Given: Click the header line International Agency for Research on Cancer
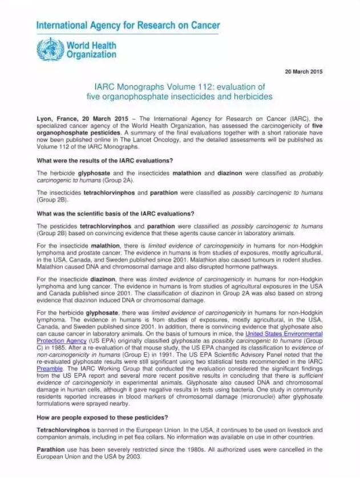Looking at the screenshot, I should pos(128,26).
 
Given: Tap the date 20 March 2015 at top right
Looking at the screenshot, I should pos(304,72).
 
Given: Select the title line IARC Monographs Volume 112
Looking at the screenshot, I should pos(180,87).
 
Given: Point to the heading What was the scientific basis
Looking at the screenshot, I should pos(115,213).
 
